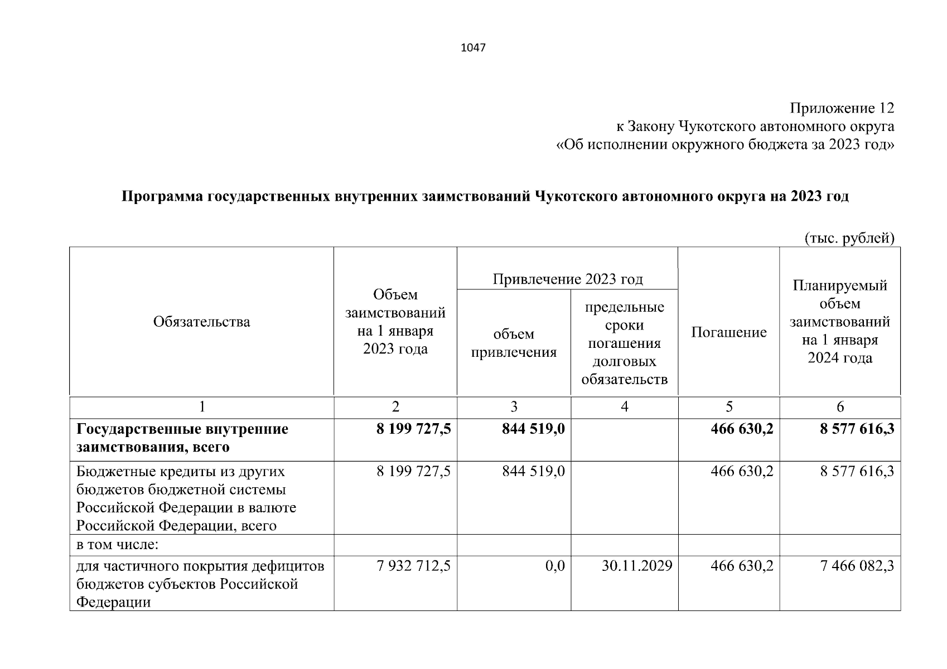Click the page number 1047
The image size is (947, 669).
point(473,48)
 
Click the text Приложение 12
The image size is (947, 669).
point(842,108)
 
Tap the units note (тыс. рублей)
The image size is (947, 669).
point(849,239)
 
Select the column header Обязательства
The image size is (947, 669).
point(201,322)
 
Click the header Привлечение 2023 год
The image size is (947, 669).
point(567,279)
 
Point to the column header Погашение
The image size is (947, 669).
point(728,332)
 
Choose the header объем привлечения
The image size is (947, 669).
point(514,343)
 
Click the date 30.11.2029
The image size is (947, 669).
point(637,566)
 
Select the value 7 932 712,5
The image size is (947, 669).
point(413,566)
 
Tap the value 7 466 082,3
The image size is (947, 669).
point(857,566)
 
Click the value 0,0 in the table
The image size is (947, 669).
point(555,566)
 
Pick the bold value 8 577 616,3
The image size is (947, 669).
point(857,429)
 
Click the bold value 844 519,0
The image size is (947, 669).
point(533,429)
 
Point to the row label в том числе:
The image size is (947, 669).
point(118,545)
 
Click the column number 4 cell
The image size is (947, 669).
point(624,407)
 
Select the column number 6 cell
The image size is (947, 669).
point(840,407)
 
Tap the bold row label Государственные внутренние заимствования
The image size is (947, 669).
point(182,438)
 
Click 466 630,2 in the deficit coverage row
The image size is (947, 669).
point(742,566)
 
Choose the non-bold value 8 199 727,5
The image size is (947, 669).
point(413,472)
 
